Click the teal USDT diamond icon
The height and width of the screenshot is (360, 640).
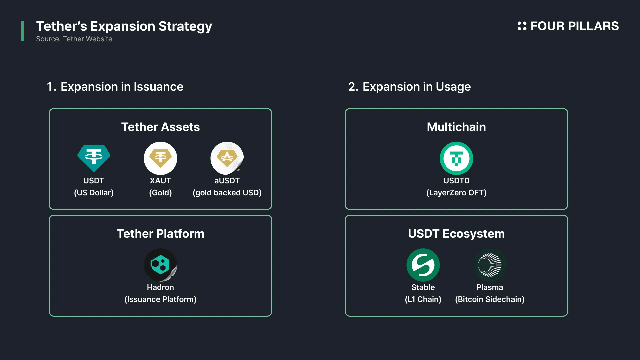click(x=94, y=158)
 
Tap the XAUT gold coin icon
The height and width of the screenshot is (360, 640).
click(x=160, y=158)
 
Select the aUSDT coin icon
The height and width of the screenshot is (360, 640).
click(x=227, y=158)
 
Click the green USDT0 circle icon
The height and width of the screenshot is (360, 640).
click(x=456, y=158)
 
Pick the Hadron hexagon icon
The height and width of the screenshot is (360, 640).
click(x=160, y=265)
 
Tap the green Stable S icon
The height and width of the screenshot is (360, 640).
click(x=423, y=265)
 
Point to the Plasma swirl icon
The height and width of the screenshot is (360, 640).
click(x=490, y=265)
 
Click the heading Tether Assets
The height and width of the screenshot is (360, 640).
click(x=160, y=127)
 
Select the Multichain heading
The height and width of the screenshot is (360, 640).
click(x=456, y=127)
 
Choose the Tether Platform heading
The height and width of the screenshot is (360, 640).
click(x=160, y=234)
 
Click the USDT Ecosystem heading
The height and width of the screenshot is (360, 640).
click(x=456, y=234)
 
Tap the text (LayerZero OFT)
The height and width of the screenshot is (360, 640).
click(x=456, y=193)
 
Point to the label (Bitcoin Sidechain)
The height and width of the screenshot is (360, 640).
click(x=490, y=299)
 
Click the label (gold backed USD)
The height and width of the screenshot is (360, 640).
click(x=227, y=193)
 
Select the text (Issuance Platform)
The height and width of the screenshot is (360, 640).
click(x=160, y=299)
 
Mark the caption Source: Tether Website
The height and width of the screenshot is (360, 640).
click(x=74, y=39)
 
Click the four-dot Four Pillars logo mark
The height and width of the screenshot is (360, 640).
click(x=522, y=26)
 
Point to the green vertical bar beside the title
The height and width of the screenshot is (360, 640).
click(x=23, y=31)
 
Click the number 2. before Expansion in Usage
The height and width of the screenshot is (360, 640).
click(x=353, y=87)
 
